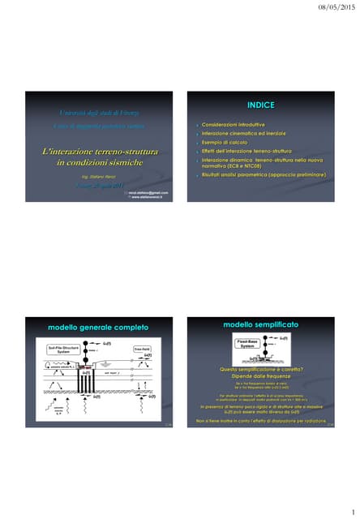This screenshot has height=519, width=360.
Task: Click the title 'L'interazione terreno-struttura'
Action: tap(100, 152)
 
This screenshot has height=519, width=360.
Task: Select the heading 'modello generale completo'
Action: tap(100, 327)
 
